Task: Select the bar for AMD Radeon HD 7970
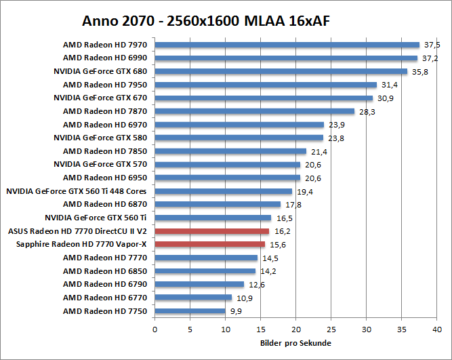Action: point(287,45)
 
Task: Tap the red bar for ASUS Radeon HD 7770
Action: point(212,231)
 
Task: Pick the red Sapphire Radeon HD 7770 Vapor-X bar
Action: point(210,244)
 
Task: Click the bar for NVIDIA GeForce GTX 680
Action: point(281,71)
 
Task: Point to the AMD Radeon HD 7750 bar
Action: point(190,311)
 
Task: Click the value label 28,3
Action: point(367,112)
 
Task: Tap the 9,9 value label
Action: point(236,312)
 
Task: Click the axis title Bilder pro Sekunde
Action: point(295,343)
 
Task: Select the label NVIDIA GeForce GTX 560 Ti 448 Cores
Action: point(77,191)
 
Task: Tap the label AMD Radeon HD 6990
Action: point(105,58)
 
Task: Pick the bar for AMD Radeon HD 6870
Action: point(218,204)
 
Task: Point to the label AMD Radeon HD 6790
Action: point(105,284)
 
